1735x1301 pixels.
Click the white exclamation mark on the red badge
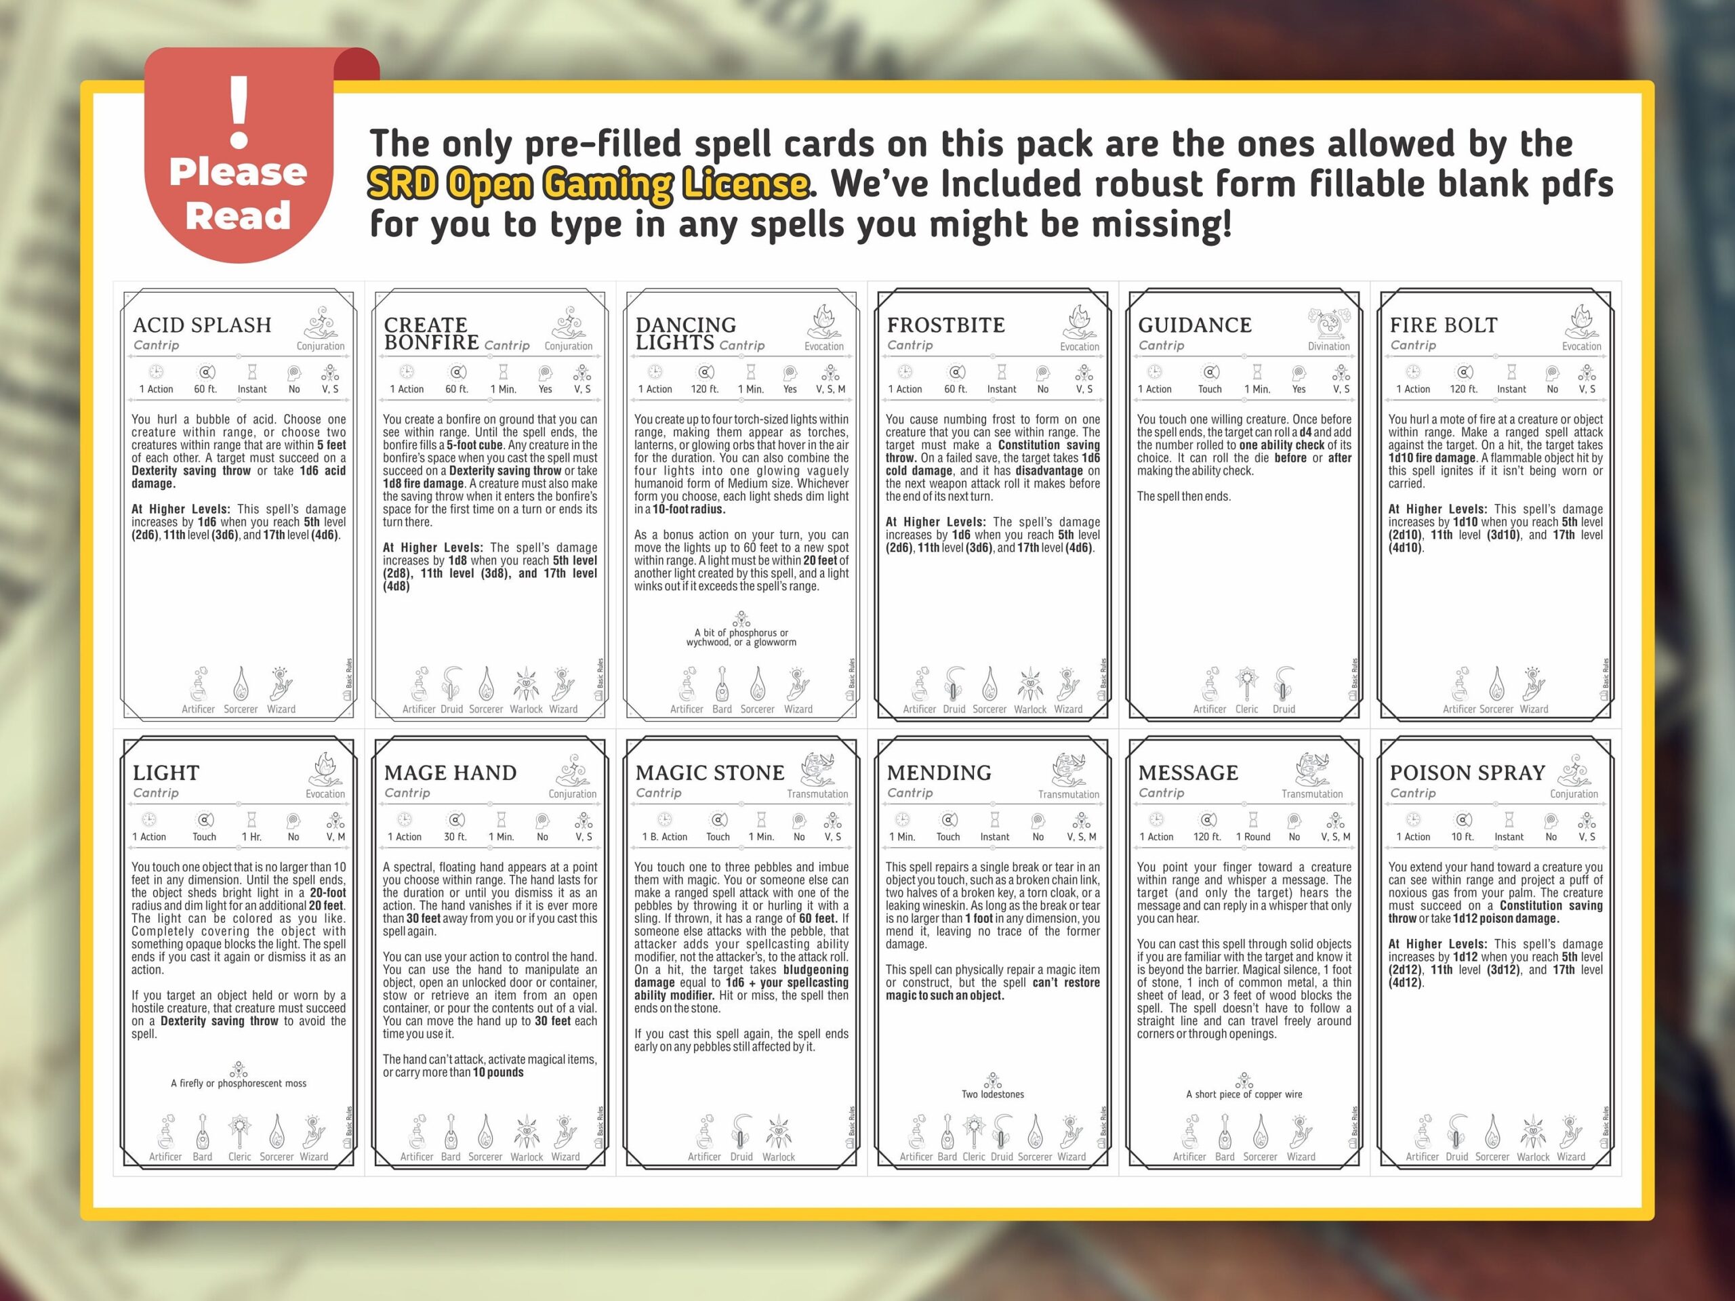pos(239,112)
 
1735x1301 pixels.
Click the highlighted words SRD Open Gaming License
pos(588,184)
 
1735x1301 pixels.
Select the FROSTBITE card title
pos(945,325)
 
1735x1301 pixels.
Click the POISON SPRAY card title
pos(1467,772)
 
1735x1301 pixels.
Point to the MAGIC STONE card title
pos(709,772)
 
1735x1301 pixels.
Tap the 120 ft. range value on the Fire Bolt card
pos(1464,389)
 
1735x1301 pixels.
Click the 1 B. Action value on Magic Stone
pos(664,837)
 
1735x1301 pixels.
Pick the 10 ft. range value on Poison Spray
pos(1462,837)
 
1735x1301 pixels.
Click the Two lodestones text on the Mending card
pos(992,1094)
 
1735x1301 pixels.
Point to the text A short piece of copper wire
pos(1244,1094)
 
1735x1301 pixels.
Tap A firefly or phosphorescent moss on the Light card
pos(239,1083)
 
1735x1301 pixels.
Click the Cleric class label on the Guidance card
pos(1246,709)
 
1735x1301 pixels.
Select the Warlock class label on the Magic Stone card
pos(778,1157)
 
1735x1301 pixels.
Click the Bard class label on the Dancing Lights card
pos(722,709)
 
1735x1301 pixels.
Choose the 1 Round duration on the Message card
pos(1252,837)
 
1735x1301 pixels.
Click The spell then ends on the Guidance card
pos(1183,497)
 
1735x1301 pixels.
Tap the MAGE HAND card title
pos(450,772)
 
